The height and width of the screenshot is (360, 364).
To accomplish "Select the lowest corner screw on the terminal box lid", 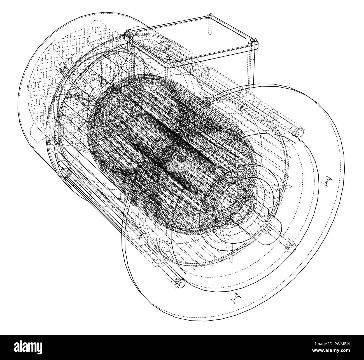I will coord(168,58).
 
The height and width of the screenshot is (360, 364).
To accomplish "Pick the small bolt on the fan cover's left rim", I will coord(48,143).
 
